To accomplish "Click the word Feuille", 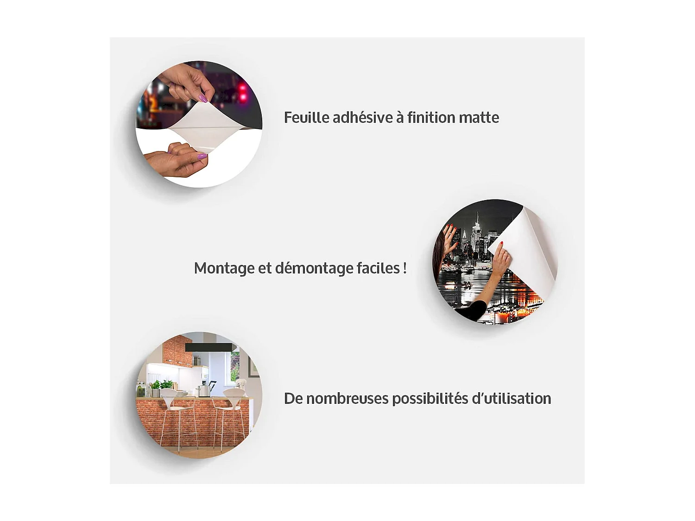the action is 307,117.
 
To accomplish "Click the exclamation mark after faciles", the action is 404,268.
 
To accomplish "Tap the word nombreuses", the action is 347,399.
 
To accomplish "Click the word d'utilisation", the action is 512,399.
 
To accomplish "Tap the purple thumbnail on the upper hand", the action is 203,98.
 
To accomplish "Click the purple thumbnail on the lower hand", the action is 202,156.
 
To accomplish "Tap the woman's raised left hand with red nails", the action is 449,234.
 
